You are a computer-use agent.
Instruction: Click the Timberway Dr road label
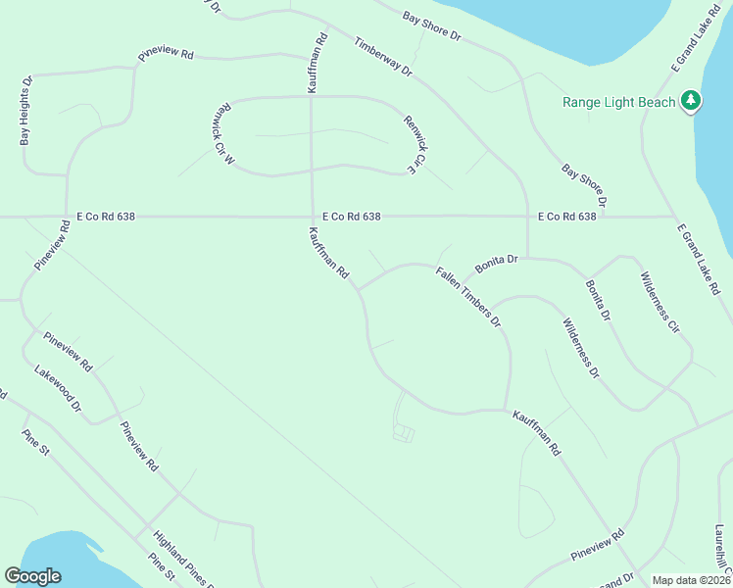[x=384, y=58]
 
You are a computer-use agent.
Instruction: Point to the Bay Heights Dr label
[x=25, y=112]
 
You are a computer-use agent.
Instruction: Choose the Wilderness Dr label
[x=581, y=349]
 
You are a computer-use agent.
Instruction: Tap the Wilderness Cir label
[x=660, y=304]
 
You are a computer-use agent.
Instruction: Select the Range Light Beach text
[x=618, y=102]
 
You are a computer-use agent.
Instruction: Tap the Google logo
[x=32, y=576]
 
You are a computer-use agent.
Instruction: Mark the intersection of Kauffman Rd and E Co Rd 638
[x=312, y=217]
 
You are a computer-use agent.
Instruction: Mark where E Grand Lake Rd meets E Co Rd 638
[x=674, y=217]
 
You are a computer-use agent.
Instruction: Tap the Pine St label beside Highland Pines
[x=161, y=567]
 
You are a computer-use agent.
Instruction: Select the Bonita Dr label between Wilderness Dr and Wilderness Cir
[x=598, y=301]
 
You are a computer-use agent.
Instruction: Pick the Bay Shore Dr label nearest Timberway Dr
[x=431, y=25]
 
